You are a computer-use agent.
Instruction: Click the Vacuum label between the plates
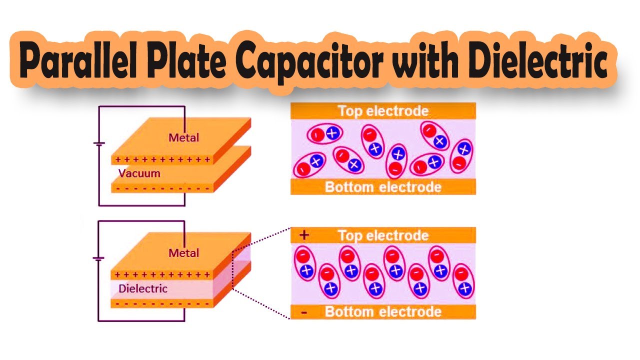[139, 173]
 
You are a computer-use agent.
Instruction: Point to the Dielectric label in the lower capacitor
[143, 288]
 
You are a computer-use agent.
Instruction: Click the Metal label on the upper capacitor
[183, 137]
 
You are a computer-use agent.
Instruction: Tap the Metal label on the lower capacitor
[183, 253]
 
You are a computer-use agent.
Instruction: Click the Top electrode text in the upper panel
[383, 110]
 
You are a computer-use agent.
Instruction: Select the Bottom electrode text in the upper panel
[383, 187]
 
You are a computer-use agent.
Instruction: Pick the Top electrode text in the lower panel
[383, 235]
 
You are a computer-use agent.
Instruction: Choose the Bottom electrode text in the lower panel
[383, 312]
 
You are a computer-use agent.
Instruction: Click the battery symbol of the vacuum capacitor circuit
[99, 144]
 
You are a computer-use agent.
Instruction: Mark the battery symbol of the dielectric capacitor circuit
[99, 259]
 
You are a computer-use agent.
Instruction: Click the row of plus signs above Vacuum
[162, 160]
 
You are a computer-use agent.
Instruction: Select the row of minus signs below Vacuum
[162, 189]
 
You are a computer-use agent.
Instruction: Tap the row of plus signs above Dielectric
[162, 274]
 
